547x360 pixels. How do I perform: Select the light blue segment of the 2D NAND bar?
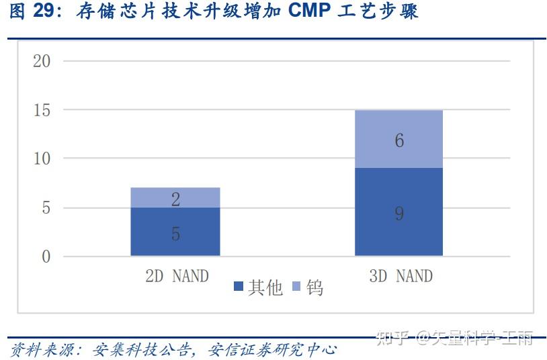click(x=175, y=197)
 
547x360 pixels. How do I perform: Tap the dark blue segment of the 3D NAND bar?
click(x=398, y=212)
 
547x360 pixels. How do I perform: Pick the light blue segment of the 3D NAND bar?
click(x=398, y=139)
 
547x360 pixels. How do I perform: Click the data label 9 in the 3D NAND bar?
click(x=399, y=214)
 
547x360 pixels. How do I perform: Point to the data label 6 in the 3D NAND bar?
click(x=399, y=141)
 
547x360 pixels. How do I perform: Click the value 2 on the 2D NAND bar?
click(x=175, y=199)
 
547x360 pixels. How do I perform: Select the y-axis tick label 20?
click(x=42, y=61)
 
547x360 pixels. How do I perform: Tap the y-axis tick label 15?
click(x=42, y=110)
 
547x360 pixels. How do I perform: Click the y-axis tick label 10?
click(x=42, y=159)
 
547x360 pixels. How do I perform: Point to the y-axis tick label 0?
click(x=46, y=257)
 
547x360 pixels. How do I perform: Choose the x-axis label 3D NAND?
click(x=401, y=275)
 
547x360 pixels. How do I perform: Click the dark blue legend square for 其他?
click(x=239, y=287)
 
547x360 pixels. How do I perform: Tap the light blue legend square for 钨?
click(x=297, y=287)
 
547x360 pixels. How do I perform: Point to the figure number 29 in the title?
click(x=45, y=11)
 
